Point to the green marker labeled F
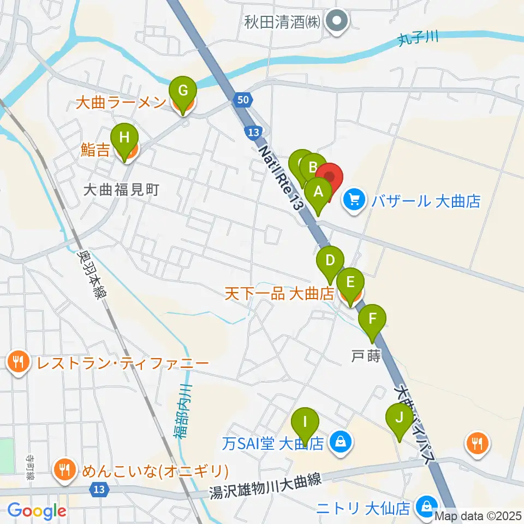coord(373,319)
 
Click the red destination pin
coord(330,177)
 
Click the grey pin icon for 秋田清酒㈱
coord(337,23)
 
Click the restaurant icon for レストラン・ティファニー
coord(19,362)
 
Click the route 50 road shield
coord(243,99)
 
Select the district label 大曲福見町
coord(121,189)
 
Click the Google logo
coord(37,510)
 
